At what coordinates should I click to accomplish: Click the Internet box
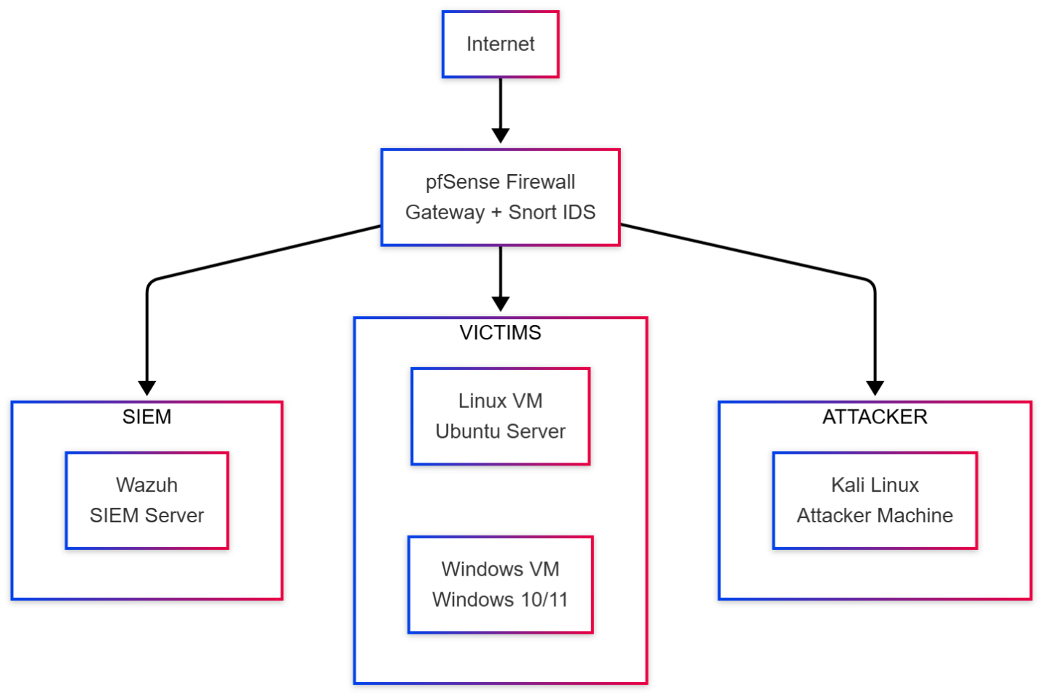[x=500, y=44]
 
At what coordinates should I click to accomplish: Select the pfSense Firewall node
[x=500, y=197]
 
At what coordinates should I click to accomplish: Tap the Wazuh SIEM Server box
[x=147, y=500]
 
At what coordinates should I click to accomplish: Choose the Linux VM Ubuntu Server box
[x=500, y=416]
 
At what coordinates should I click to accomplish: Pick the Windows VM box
[x=500, y=584]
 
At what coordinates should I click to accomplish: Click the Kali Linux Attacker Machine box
[x=874, y=500]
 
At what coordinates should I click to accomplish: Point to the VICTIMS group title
[x=500, y=333]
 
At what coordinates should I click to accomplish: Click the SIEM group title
[x=147, y=417]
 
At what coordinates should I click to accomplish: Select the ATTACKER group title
[x=874, y=417]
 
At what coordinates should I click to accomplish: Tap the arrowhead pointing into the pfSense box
[x=500, y=136]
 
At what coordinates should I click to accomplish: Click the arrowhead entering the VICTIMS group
[x=500, y=304]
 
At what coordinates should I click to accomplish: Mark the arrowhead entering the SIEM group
[x=147, y=388]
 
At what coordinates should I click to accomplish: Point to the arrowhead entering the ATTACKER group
[x=875, y=388]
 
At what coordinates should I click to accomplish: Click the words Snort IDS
[x=552, y=212]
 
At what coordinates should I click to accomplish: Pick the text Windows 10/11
[x=500, y=600]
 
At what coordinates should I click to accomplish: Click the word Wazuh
[x=147, y=484]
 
